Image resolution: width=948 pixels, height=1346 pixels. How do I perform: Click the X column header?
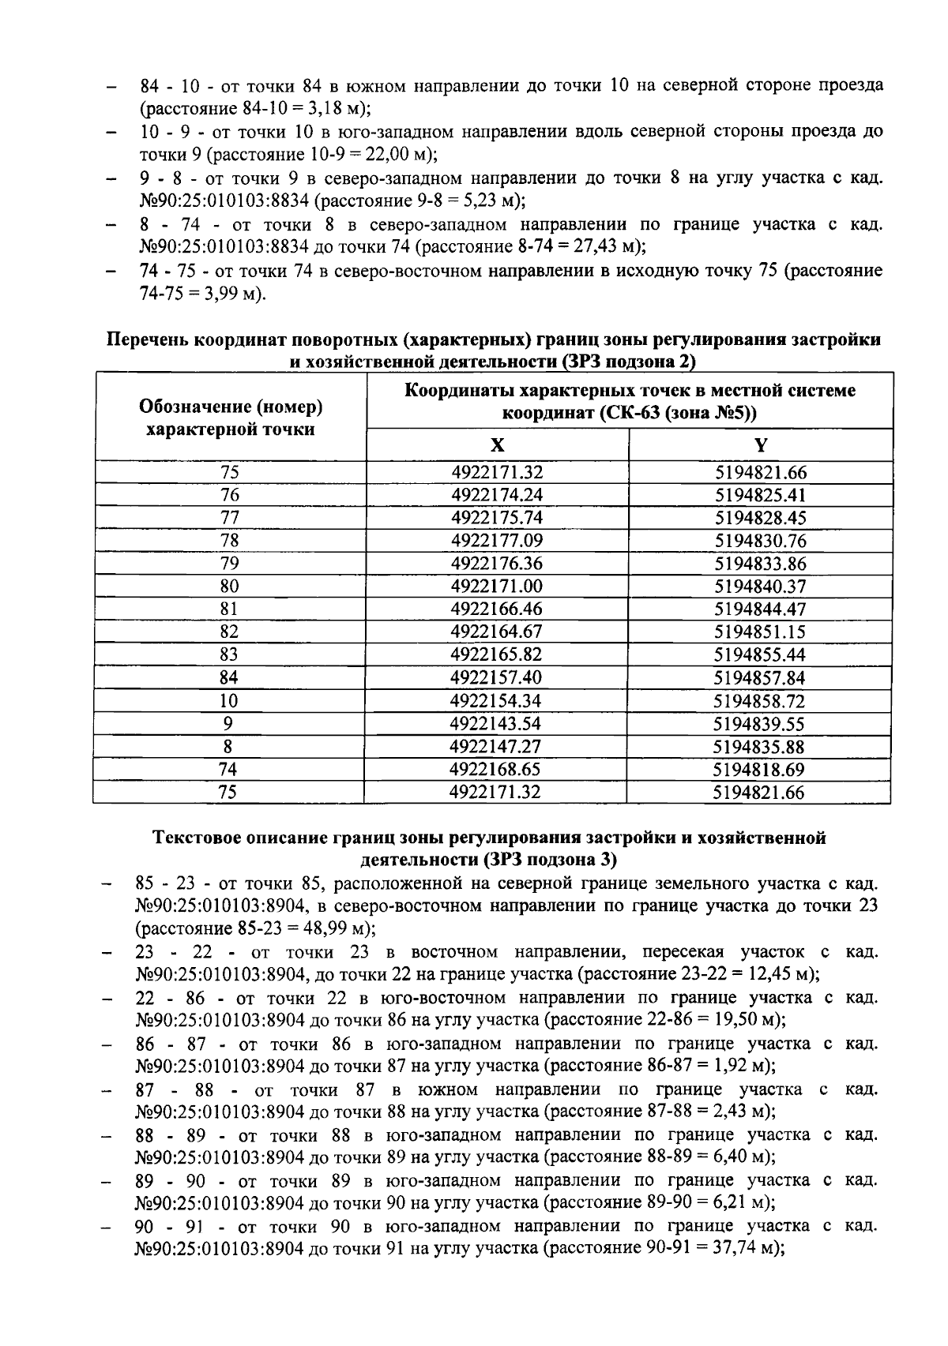tap(497, 445)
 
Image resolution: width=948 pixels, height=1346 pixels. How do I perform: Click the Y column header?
tap(760, 445)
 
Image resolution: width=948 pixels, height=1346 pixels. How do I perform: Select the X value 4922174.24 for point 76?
tap(497, 496)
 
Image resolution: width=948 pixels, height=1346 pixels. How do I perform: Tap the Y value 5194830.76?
tap(760, 542)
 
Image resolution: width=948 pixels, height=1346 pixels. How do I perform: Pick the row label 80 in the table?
tap(229, 587)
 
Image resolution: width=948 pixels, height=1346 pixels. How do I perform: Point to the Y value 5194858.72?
tap(759, 701)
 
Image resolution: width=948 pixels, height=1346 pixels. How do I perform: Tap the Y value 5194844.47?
tap(760, 609)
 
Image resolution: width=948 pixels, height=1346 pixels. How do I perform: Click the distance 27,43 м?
tap(602, 247)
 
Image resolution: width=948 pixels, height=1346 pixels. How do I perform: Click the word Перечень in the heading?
tap(148, 340)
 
